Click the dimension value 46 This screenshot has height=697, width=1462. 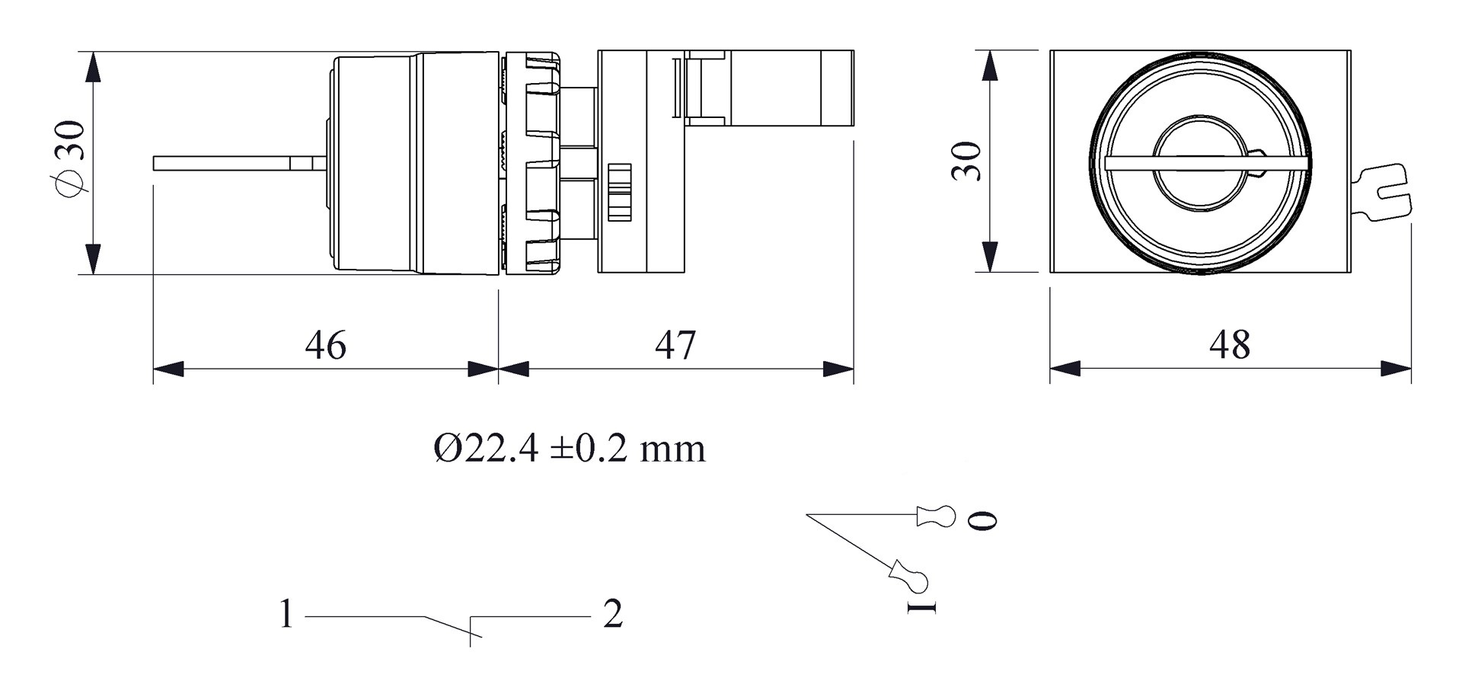[325, 345]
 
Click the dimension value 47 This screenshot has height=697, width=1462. [675, 345]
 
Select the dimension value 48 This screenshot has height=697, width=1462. [1229, 345]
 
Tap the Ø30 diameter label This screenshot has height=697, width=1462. [70, 158]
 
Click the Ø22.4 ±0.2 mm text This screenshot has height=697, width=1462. [570, 449]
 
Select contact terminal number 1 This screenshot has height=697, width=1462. [286, 614]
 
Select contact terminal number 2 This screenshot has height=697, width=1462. [613, 614]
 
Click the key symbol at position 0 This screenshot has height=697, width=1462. [937, 516]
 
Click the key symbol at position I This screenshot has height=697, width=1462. [909, 576]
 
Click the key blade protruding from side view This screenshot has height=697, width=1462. [228, 163]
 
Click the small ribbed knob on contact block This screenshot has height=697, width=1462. [620, 191]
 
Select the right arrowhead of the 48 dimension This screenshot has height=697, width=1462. [1397, 369]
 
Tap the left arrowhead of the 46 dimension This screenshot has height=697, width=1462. [168, 369]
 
